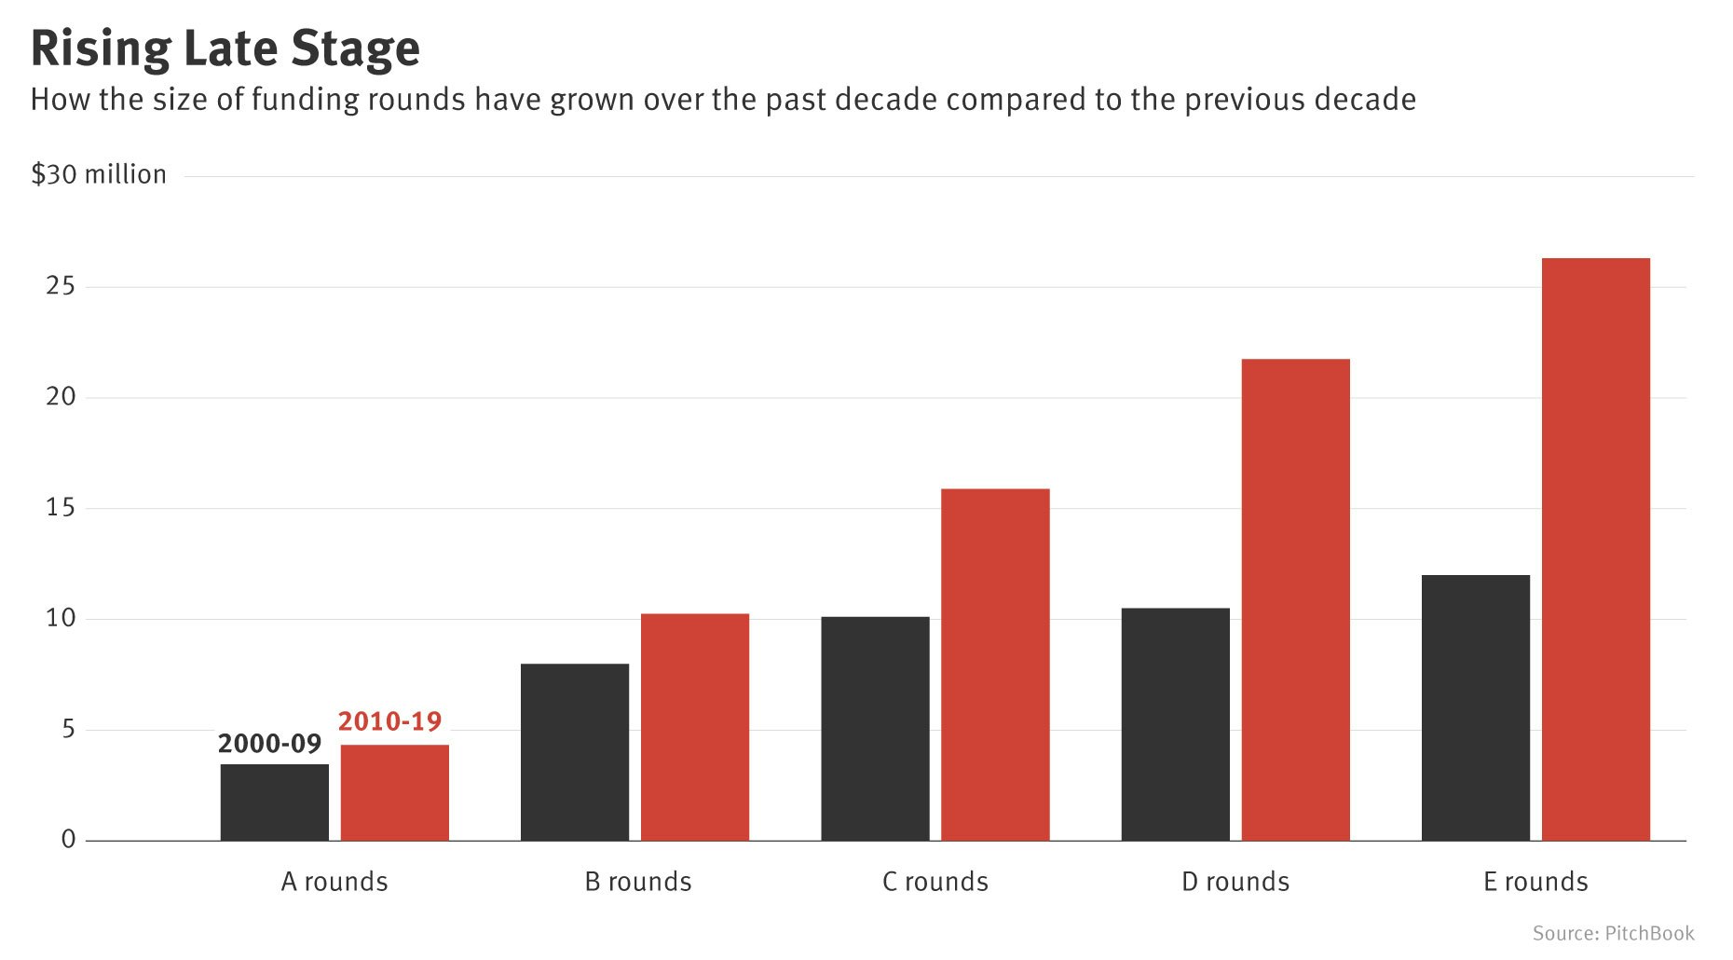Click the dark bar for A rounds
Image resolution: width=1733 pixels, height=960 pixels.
pyautogui.click(x=275, y=802)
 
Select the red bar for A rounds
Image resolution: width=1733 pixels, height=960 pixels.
pyautogui.click(x=395, y=793)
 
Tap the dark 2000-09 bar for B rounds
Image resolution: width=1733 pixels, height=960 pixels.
pyautogui.click(x=575, y=752)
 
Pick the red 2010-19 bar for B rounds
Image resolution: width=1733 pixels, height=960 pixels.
pyautogui.click(x=695, y=727)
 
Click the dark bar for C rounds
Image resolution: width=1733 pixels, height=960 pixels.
pyautogui.click(x=875, y=729)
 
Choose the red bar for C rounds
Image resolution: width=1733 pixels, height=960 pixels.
pyautogui.click(x=995, y=665)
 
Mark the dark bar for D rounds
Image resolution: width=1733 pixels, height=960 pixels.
pyautogui.click(x=1176, y=724)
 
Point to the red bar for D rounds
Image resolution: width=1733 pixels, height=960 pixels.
pyautogui.click(x=1296, y=600)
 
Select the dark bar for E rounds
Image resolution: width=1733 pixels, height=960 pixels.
pyautogui.click(x=1476, y=708)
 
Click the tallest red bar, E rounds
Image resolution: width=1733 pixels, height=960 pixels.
pyautogui.click(x=1596, y=550)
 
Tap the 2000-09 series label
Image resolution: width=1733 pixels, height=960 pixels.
pyautogui.click(x=269, y=744)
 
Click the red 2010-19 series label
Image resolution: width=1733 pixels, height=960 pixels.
pyautogui.click(x=389, y=721)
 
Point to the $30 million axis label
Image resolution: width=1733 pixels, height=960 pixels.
pyautogui.click(x=99, y=175)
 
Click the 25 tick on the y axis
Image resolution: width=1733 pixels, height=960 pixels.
pyautogui.click(x=61, y=286)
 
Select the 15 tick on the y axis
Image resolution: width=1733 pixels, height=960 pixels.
pyautogui.click(x=61, y=508)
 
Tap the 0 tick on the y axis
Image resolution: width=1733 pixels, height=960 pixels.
pyautogui.click(x=68, y=840)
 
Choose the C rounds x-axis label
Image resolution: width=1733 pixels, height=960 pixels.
pyautogui.click(x=935, y=882)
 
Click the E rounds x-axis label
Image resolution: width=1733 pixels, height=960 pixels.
pyautogui.click(x=1535, y=882)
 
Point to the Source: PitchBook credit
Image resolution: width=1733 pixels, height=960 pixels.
pyautogui.click(x=1613, y=934)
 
